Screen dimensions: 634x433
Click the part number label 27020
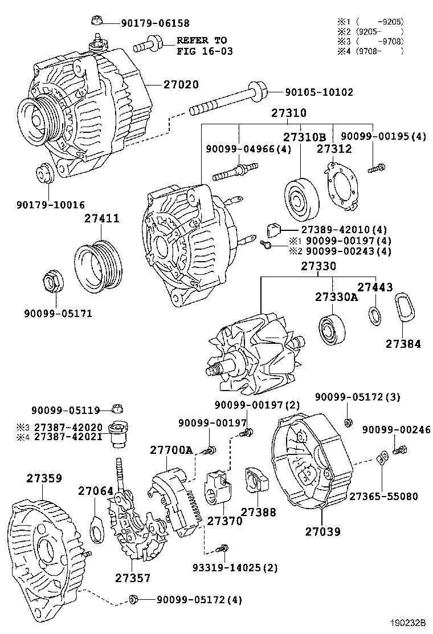(181, 84)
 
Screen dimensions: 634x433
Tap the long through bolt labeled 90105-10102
(228, 100)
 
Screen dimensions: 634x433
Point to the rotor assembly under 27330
(251, 356)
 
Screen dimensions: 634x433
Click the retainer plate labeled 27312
(342, 188)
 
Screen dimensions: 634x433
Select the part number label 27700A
(171, 450)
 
